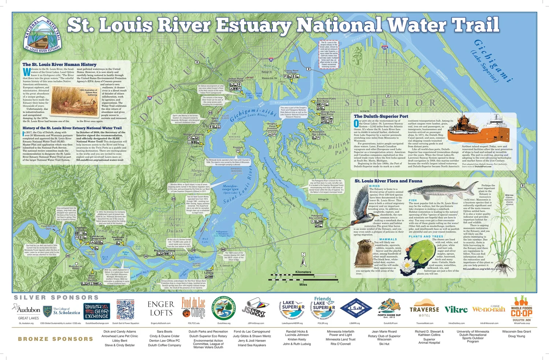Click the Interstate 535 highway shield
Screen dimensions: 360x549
[x=384, y=47]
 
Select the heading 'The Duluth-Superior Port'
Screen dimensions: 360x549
[x=381, y=116]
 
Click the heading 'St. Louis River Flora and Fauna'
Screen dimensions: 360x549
[x=388, y=181]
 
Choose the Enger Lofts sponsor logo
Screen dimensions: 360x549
[x=160, y=309]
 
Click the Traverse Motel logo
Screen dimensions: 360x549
[x=424, y=308]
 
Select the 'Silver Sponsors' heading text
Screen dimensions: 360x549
[x=56, y=298]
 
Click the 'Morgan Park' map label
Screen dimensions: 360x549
[x=197, y=172]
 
